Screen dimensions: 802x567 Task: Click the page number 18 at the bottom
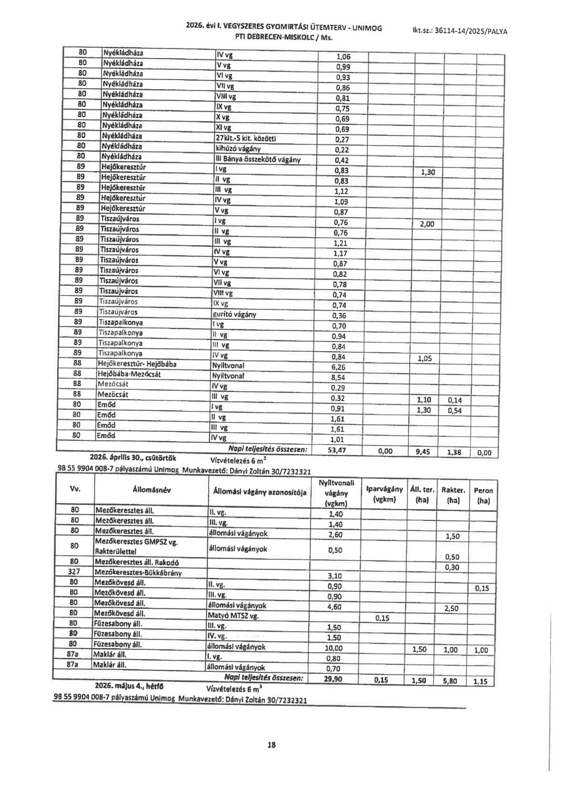coord(272,745)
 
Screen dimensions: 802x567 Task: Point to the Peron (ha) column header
coord(483,495)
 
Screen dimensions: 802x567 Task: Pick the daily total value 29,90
coord(334,679)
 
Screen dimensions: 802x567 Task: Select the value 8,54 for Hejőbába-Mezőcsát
coord(338,377)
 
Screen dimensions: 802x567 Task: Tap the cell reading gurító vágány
coord(234,315)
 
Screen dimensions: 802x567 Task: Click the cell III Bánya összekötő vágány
coord(258,160)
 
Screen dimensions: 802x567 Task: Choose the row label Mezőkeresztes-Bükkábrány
coord(138,573)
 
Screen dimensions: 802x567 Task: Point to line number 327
coord(74,572)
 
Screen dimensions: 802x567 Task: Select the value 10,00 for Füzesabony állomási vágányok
coord(334,648)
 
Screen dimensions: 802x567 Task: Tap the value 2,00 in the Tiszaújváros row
coord(427,224)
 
